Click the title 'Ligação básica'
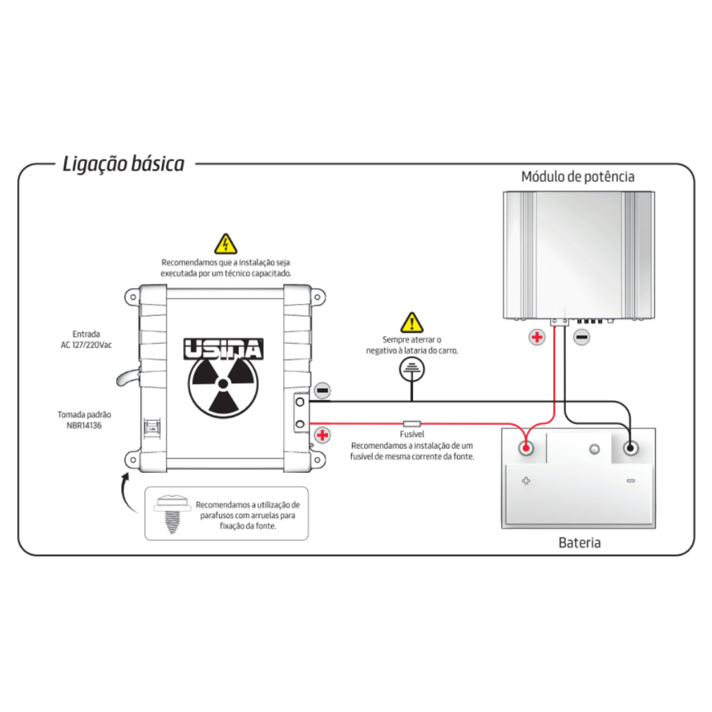[x=123, y=164]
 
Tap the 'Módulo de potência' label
[x=578, y=177]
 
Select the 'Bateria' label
[x=579, y=542]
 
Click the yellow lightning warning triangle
[x=225, y=244]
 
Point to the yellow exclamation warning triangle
[x=412, y=323]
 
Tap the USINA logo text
[x=222, y=348]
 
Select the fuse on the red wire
[x=412, y=423]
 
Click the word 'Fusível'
[x=412, y=434]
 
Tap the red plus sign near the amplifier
[x=537, y=338]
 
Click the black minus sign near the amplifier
[x=582, y=338]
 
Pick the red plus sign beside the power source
[x=323, y=435]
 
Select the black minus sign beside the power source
[x=323, y=391]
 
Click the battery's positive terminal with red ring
[x=526, y=447]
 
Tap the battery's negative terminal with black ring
[x=631, y=447]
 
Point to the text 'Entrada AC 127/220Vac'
[x=86, y=339]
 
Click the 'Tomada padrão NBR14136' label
[x=84, y=420]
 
